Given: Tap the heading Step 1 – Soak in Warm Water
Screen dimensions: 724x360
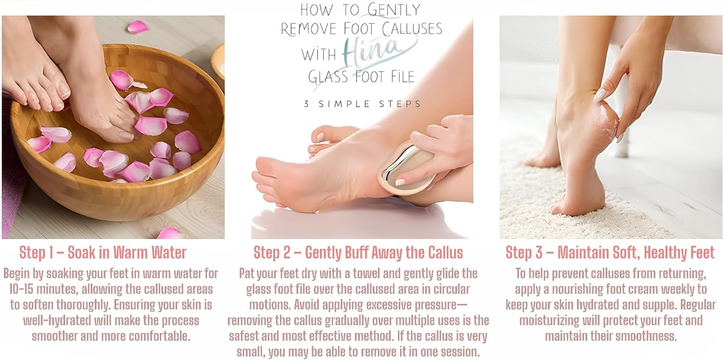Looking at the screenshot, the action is (x=103, y=252).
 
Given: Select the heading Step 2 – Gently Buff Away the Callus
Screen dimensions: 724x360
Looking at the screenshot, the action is (x=358, y=252).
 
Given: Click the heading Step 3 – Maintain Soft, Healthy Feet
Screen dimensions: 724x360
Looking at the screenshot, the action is (x=610, y=252).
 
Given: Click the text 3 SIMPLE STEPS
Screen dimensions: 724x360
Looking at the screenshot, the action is (x=362, y=104).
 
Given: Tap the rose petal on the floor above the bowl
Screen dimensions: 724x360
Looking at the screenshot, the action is (x=138, y=27).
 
